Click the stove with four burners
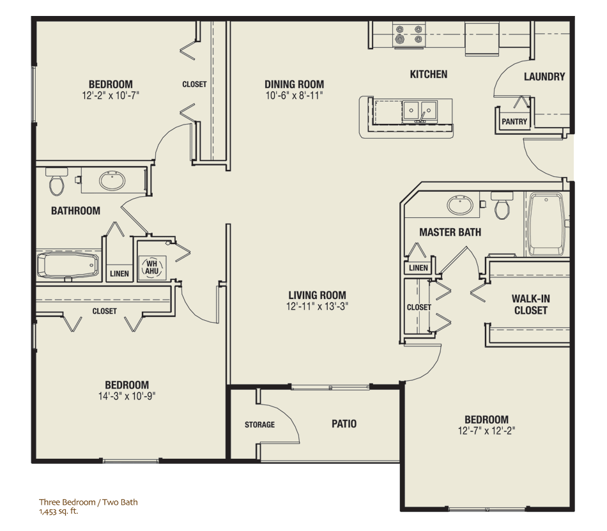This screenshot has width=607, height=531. pyautogui.click(x=409, y=35)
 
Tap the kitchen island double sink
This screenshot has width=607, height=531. pyautogui.click(x=420, y=111)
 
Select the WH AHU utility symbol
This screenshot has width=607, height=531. pyautogui.click(x=152, y=268)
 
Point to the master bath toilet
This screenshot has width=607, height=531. pyautogui.click(x=502, y=204)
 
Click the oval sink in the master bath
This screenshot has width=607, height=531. pyautogui.click(x=460, y=204)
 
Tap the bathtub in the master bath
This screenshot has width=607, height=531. pyautogui.click(x=546, y=224)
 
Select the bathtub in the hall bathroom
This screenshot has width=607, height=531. pyautogui.click(x=68, y=265)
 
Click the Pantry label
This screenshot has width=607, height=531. pyautogui.click(x=514, y=121)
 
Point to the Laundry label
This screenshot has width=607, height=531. pyautogui.click(x=544, y=77)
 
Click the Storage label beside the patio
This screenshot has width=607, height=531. pyautogui.click(x=260, y=424)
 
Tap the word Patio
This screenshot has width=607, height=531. pyautogui.click(x=344, y=424)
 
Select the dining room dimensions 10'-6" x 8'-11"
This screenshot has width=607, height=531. pyautogui.click(x=294, y=96)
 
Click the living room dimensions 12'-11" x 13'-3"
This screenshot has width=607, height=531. pyautogui.click(x=317, y=307)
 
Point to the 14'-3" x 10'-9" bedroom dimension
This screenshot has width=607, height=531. pyautogui.click(x=127, y=396)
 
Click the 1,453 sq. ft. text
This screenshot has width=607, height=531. pyautogui.click(x=58, y=511)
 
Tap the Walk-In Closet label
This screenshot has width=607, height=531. pyautogui.click(x=531, y=305)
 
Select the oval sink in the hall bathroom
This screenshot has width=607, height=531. pyautogui.click(x=112, y=180)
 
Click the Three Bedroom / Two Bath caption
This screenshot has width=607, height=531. pyautogui.click(x=88, y=502)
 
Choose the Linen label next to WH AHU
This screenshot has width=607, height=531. pyautogui.click(x=119, y=273)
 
